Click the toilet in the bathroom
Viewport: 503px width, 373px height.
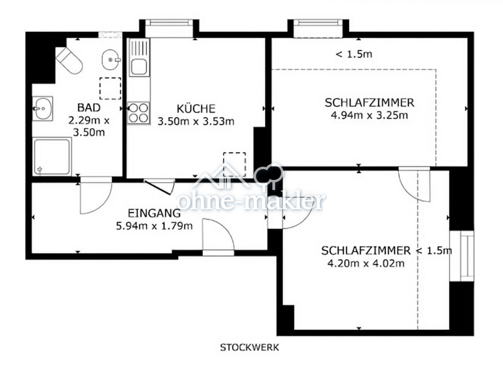(x=69, y=60)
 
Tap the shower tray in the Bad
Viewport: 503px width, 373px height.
(x=52, y=156)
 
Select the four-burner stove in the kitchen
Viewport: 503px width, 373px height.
(x=138, y=113)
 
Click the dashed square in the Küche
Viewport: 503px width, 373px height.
(x=234, y=164)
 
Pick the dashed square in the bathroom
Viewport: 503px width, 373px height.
(x=110, y=88)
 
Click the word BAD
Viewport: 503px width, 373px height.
(x=89, y=108)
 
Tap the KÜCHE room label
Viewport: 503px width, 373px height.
(x=196, y=109)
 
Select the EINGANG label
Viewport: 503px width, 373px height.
(x=154, y=213)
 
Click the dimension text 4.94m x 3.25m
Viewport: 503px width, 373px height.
(x=369, y=115)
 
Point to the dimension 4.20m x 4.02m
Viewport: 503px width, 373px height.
(x=366, y=264)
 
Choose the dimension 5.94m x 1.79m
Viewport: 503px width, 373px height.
(x=154, y=226)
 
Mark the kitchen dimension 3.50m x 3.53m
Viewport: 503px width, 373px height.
(x=196, y=122)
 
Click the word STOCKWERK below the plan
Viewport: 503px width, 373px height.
(x=249, y=347)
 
